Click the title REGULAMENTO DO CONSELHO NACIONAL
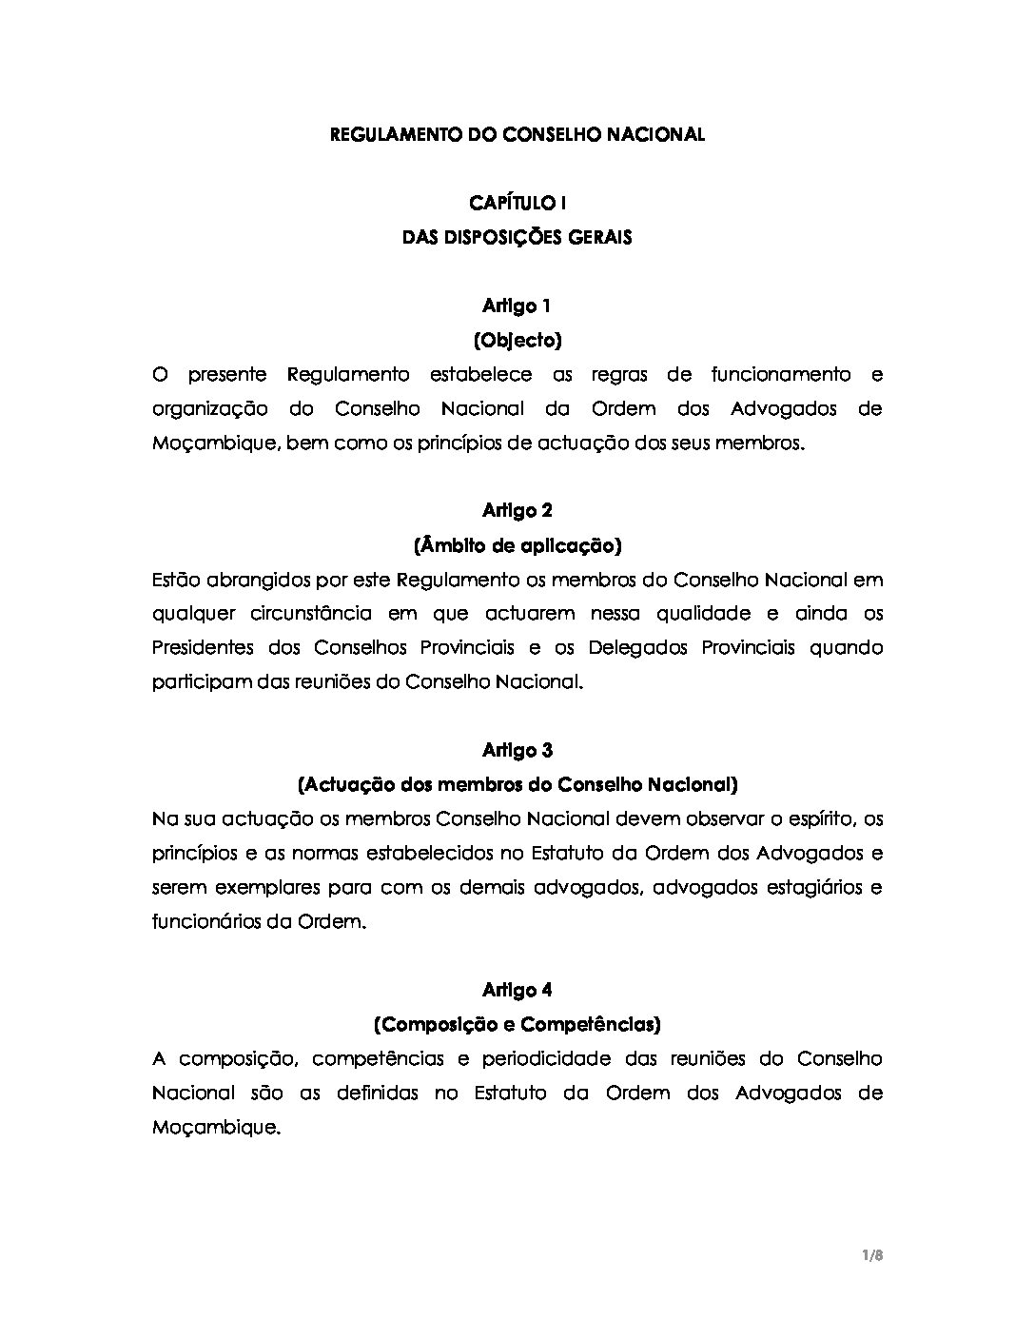coord(517,135)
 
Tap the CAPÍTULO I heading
coord(517,203)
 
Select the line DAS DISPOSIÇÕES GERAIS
coord(517,237)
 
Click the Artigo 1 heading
coord(517,305)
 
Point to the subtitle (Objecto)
coord(517,340)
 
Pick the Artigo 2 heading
coord(517,511)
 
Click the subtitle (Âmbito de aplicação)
coord(517,545)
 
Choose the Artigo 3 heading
coord(517,751)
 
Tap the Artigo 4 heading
coord(517,991)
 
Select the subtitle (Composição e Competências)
coord(517,1025)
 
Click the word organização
coord(209,410)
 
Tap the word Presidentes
coord(201,648)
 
